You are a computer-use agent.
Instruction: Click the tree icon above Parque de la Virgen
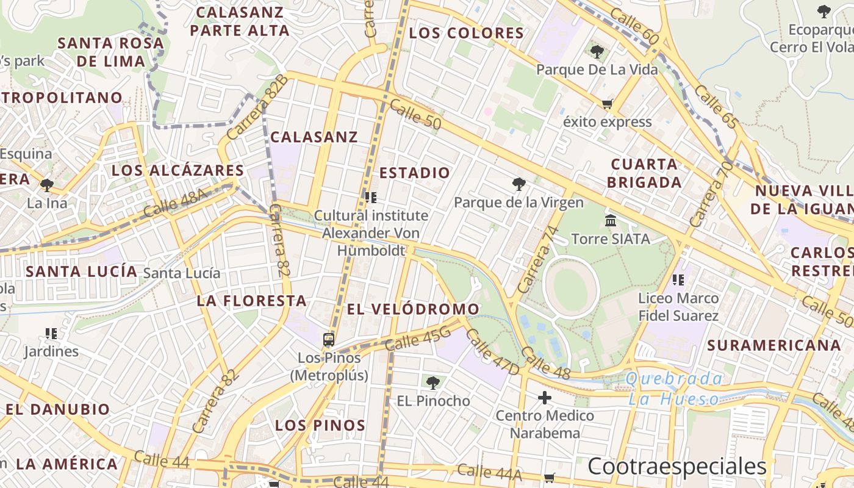pos(518,184)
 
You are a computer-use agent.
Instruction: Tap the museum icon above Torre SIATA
pos(611,220)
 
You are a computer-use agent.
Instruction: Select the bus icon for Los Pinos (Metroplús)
pos(329,339)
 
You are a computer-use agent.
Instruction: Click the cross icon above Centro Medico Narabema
pos(545,398)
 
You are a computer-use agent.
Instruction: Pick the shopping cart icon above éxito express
pos(607,104)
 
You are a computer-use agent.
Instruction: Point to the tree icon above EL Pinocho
pos(433,383)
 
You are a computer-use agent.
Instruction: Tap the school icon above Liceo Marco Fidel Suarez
pos(678,280)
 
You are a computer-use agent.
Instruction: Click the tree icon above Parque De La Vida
pos(597,52)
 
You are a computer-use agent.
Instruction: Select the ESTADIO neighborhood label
pos(415,173)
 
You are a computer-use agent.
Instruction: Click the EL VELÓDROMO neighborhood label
pos(413,309)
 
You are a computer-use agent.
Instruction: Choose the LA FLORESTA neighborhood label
pos(251,301)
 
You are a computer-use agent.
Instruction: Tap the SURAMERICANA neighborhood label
pos(774,345)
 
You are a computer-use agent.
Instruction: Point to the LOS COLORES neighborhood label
pos(466,33)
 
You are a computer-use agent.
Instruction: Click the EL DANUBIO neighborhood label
pos(58,409)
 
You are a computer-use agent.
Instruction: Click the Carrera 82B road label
pos(257,107)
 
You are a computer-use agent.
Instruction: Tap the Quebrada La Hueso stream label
pos(674,389)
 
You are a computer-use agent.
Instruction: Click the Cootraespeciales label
pos(676,467)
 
